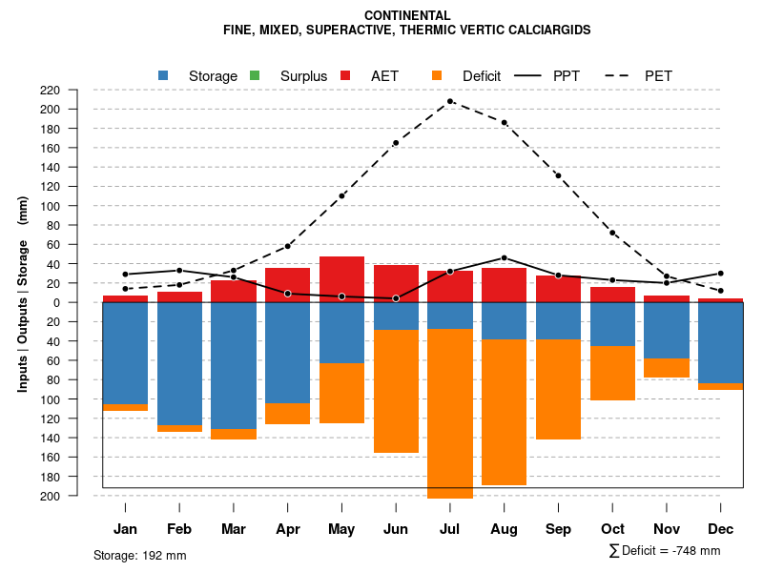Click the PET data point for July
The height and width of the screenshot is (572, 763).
[x=450, y=101]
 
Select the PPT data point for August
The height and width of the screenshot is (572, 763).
[x=505, y=257]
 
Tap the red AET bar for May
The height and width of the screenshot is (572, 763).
[x=341, y=278]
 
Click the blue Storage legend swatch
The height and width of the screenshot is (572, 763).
[x=163, y=75]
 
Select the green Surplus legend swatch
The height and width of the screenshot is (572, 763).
[x=255, y=75]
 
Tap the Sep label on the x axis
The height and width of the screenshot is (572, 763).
[x=558, y=529]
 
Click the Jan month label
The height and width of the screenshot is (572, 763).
[x=125, y=529]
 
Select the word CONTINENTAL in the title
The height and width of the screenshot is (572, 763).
[x=407, y=15]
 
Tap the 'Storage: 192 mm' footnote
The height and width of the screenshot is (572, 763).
[x=139, y=555]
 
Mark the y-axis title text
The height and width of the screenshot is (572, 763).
[x=23, y=294]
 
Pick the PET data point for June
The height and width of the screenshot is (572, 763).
[x=396, y=143]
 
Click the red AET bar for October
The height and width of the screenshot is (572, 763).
[x=612, y=295]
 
